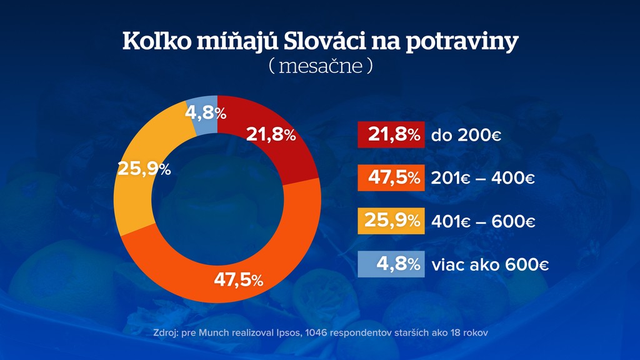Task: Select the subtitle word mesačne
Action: point(321,66)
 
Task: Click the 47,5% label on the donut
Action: point(238,280)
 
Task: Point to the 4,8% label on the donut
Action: point(206,113)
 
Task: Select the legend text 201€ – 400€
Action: point(483,179)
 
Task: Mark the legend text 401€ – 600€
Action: point(483,221)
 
